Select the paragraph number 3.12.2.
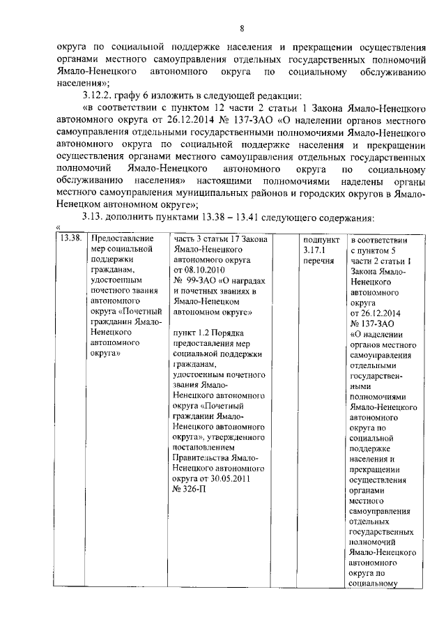click(x=96, y=95)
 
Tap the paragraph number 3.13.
click(x=93, y=215)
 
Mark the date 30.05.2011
click(x=224, y=479)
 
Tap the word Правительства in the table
click(x=203, y=457)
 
